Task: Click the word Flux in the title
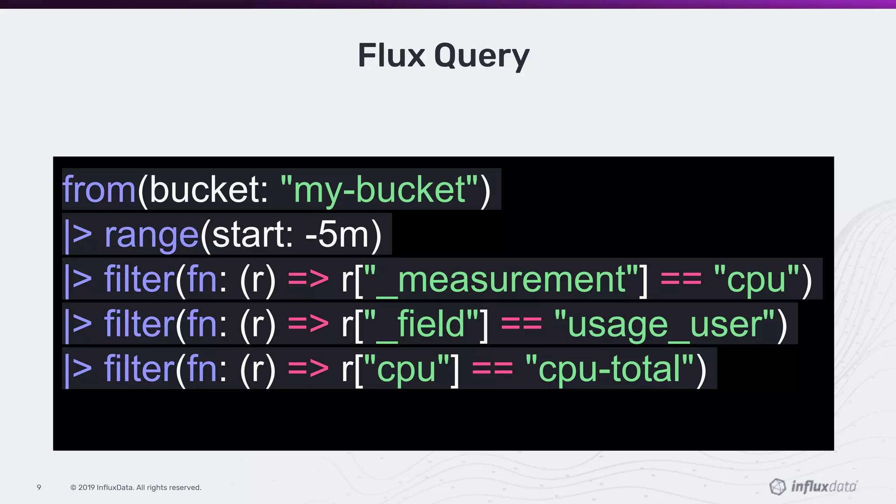(x=391, y=56)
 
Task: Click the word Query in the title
(x=482, y=57)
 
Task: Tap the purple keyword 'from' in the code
(x=99, y=189)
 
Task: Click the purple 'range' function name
(x=151, y=235)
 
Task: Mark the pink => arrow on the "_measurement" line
(x=308, y=280)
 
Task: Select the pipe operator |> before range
(x=78, y=235)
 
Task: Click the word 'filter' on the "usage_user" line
(x=139, y=324)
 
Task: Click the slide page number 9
(x=39, y=487)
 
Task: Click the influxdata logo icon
(x=777, y=486)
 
